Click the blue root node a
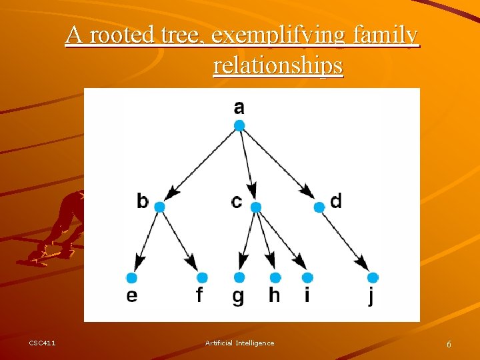coord(239,125)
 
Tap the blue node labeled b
coord(159,207)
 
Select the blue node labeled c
coord(256,207)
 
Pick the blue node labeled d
coord(319,207)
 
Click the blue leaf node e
coord(131,277)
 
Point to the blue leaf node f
coord(203,277)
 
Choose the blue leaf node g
coord(239,277)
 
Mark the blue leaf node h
coord(275,277)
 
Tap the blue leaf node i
coord(307,277)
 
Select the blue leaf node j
coord(373,277)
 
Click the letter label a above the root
coord(239,107)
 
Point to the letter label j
coord(371,295)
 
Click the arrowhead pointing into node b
coord(172,193)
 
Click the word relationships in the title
coord(278,66)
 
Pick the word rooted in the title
coord(123,35)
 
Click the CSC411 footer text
coord(42,343)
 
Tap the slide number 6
coord(449,344)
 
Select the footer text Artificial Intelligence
coord(239,343)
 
